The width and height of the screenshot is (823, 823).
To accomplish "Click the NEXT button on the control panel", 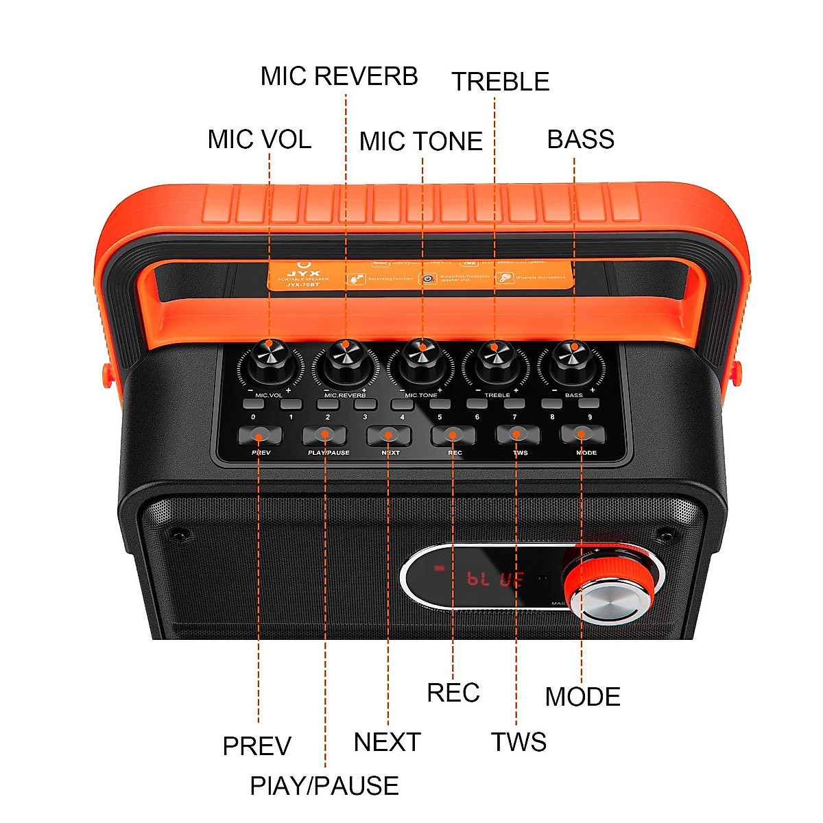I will tap(389, 435).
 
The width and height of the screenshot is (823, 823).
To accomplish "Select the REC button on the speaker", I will tap(453, 435).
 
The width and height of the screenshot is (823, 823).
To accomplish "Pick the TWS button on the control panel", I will tap(518, 435).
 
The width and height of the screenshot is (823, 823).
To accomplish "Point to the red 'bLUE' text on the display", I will tap(495, 580).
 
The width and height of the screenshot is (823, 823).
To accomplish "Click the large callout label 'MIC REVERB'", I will tap(339, 76).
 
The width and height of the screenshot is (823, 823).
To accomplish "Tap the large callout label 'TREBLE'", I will tap(501, 82).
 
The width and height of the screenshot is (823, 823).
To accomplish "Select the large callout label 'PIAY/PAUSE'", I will tap(324, 786).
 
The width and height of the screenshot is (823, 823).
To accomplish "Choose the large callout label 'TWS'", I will tap(518, 742).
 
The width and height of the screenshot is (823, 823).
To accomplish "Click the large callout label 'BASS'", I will tap(580, 139).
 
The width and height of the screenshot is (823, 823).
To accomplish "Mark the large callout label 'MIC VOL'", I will tap(259, 139).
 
